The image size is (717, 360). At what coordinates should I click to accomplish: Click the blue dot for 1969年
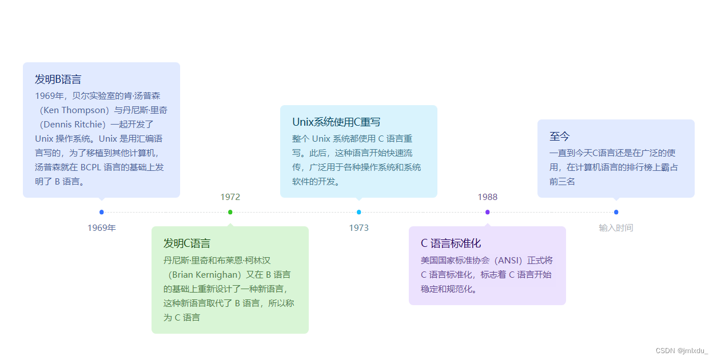pos(102,212)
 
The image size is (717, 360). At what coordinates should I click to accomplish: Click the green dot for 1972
pos(230,212)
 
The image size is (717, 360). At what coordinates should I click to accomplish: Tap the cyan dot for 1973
pos(359,212)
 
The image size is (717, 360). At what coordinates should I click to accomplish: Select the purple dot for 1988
pos(488,212)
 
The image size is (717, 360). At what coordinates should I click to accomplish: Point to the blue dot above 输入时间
pos(616,212)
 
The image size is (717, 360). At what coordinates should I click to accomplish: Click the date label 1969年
pos(102,228)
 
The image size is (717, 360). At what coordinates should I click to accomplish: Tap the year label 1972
pos(230,197)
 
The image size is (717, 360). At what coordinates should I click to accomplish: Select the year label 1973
pos(359,228)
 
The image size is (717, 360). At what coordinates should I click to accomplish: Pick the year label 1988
pos(488,197)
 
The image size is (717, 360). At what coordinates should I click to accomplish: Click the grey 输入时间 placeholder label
pos(616,228)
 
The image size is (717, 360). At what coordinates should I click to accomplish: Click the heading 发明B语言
pos(58,79)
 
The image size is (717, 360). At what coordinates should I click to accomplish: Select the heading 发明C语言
pos(187,243)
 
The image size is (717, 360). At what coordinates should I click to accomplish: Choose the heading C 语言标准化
pos(451,243)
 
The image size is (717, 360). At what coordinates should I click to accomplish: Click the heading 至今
pos(560,137)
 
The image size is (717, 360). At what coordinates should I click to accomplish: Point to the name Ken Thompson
pos(75,110)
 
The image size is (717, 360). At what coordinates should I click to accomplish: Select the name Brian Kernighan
pos(206,274)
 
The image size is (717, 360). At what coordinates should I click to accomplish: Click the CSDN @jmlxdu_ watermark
pos(682,350)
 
